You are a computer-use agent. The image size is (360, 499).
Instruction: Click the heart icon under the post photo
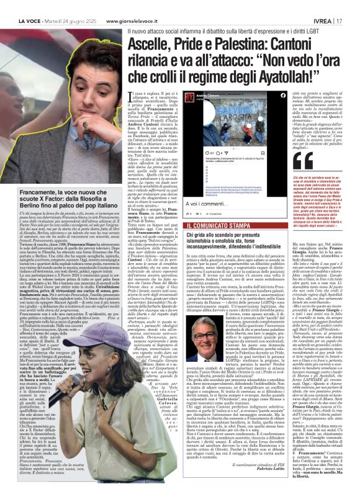[199, 151]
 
